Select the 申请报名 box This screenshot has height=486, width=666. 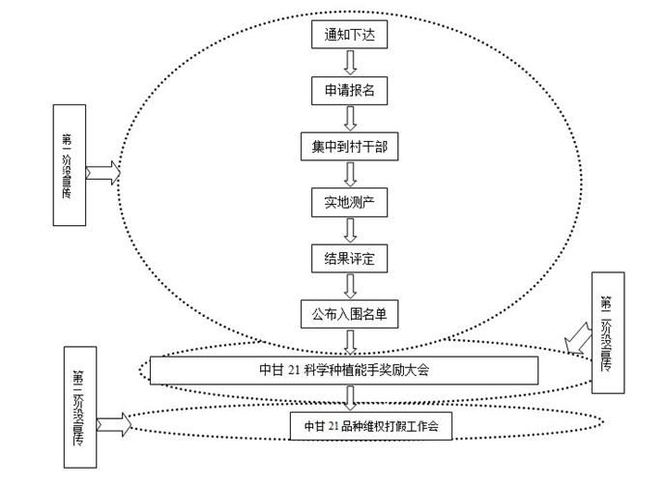pos(349,91)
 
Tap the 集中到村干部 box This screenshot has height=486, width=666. pos(349,147)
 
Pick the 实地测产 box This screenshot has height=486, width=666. pos(349,203)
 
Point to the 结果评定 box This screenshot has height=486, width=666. pos(349,258)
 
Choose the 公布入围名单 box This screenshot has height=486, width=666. pos(349,313)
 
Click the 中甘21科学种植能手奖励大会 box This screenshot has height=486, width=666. pos(343,370)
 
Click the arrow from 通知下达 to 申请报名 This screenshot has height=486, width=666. pos(350,63)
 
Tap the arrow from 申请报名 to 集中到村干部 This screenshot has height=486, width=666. pos(350,119)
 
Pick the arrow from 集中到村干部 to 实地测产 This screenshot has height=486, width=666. pos(350,175)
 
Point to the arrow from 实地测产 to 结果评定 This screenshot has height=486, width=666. pos(350,231)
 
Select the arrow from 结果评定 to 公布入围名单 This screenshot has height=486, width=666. pos(350,286)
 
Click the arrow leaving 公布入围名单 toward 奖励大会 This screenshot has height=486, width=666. pos(350,341)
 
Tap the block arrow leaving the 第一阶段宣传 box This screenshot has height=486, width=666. pos(102,172)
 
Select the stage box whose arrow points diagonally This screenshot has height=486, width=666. pos(606,332)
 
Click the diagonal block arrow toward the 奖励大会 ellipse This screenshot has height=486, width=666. pos(578,338)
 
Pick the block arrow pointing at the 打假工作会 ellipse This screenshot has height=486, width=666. pos(112,422)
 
